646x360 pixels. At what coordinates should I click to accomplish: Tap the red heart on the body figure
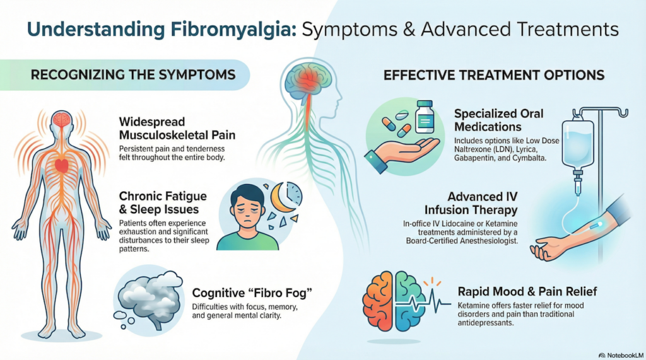[62, 165]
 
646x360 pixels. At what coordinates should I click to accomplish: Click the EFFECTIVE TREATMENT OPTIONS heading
[494, 75]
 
